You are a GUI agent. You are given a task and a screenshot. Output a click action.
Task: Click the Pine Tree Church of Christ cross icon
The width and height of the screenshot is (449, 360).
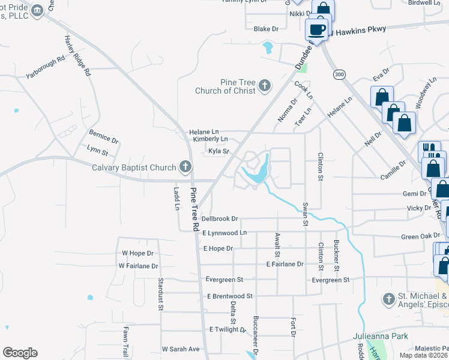pos(265,86)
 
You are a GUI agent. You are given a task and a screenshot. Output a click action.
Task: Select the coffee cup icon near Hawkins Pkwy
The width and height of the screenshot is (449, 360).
pos(316,29)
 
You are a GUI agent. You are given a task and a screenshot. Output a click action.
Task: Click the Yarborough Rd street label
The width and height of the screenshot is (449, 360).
pos(45,67)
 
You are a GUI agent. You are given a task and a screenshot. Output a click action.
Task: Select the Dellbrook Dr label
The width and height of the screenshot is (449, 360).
pos(220,219)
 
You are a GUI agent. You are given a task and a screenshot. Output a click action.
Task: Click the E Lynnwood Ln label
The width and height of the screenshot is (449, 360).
pos(224,232)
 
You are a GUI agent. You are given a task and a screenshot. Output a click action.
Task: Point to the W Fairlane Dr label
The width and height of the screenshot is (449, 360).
pos(138,266)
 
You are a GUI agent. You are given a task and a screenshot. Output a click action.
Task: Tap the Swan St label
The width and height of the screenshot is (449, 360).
pos(306,214)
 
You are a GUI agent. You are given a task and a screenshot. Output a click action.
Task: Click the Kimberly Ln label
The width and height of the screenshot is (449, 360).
pos(210,139)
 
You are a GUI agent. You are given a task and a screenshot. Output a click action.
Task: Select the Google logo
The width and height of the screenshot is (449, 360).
pos(20,352)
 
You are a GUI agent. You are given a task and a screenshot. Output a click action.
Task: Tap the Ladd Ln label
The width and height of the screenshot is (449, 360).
pos(176,199)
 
